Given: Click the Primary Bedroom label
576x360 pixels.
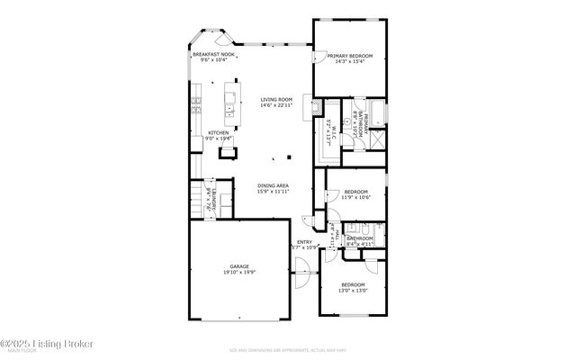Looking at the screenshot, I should (350, 56).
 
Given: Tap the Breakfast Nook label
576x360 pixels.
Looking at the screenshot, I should (214, 55).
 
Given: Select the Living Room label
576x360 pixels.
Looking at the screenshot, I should (276, 100).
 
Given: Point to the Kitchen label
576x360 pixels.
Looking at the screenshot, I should (219, 132).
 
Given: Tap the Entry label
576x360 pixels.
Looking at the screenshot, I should (304, 242).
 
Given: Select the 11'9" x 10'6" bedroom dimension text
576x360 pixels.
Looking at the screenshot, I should (357, 197).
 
